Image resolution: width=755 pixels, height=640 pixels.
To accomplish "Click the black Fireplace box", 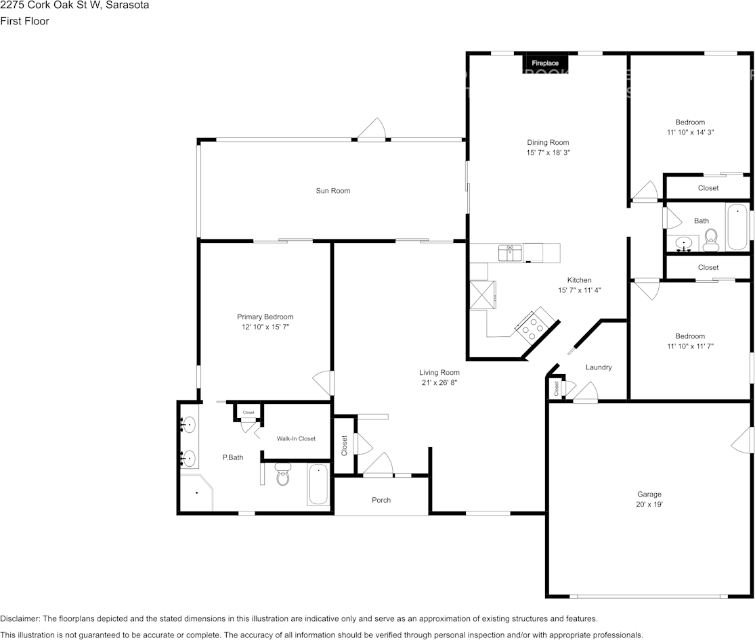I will (544, 63).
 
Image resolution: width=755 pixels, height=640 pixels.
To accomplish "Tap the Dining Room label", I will (548, 143).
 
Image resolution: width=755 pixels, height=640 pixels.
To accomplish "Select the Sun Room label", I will (332, 191).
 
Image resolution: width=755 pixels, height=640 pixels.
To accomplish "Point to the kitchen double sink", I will (509, 253).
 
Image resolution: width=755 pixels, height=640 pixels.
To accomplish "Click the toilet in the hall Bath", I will (710, 239).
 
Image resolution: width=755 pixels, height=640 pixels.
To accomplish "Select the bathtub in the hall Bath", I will (737, 227).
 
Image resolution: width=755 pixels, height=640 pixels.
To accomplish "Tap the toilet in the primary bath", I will (282, 476).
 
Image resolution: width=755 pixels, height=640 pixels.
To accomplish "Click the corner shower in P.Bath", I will (196, 493).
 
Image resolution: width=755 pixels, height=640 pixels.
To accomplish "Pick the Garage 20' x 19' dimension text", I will (649, 505).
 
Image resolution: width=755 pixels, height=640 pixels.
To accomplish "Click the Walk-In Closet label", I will (296, 438).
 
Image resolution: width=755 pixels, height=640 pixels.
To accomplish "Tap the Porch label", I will (381, 500).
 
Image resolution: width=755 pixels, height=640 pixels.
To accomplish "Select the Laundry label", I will (599, 367).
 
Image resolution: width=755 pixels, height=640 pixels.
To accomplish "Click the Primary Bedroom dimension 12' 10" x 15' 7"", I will (265, 327).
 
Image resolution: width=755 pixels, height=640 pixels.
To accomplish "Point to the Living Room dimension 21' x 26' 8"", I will (439, 383).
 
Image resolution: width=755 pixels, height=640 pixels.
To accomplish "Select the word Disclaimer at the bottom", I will (20, 618).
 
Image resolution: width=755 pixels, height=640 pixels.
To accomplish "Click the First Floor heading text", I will (24, 21).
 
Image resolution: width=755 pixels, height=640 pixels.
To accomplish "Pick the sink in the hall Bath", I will (685, 243).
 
